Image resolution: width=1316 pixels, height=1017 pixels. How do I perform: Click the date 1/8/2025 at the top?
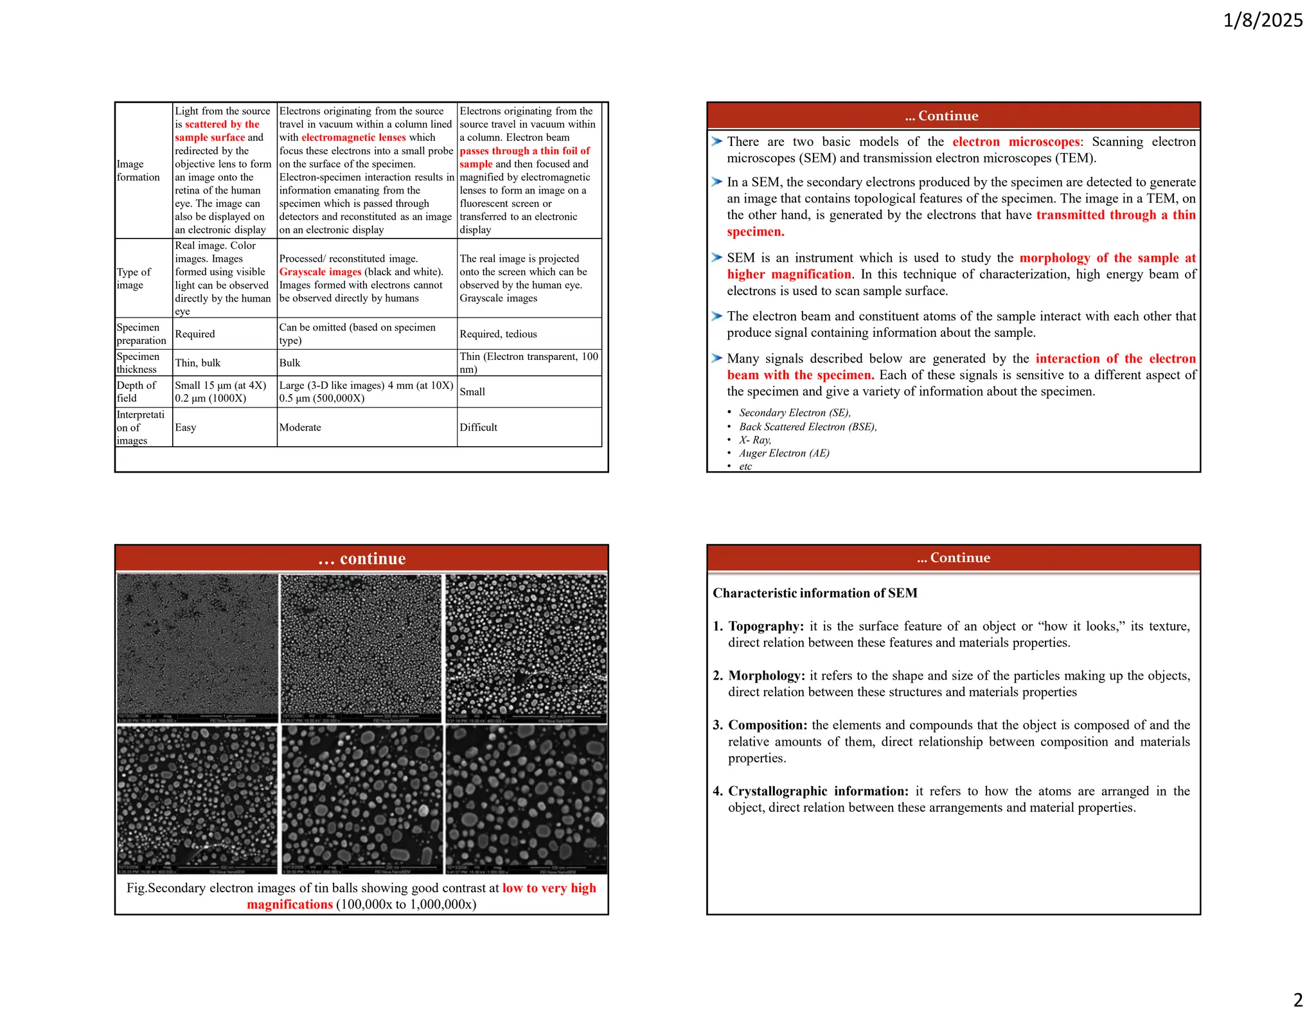click(x=1262, y=21)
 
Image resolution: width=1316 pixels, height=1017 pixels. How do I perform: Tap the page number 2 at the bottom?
click(x=1297, y=1000)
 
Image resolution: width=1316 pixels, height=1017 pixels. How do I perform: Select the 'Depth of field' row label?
click(x=136, y=392)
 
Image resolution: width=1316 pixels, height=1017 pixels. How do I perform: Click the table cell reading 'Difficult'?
click(x=478, y=428)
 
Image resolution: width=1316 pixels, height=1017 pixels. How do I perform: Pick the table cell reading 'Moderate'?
click(x=300, y=428)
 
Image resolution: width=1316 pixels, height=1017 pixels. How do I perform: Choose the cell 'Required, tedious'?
click(x=498, y=334)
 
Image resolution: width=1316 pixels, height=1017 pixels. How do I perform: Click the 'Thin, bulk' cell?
click(x=197, y=363)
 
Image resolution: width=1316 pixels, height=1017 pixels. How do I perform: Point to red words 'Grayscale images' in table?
click(x=320, y=272)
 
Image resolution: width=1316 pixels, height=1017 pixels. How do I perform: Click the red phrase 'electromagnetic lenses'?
click(x=353, y=138)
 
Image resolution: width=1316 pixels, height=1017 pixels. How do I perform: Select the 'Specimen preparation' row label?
click(x=141, y=334)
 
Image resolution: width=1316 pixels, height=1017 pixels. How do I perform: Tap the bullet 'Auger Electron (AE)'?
click(x=784, y=453)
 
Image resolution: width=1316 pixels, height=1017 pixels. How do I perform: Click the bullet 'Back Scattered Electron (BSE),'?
click(x=808, y=427)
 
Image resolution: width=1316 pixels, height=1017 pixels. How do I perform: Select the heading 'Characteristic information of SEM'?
click(x=815, y=593)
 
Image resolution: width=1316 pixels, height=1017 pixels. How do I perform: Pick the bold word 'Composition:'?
click(x=767, y=725)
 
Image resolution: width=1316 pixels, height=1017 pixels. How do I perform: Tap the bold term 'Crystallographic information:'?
click(x=818, y=791)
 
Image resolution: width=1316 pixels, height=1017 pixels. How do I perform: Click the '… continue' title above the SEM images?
click(x=362, y=559)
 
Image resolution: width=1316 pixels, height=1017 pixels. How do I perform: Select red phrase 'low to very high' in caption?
click(x=549, y=888)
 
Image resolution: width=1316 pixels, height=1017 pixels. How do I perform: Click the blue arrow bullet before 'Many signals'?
click(x=717, y=358)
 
